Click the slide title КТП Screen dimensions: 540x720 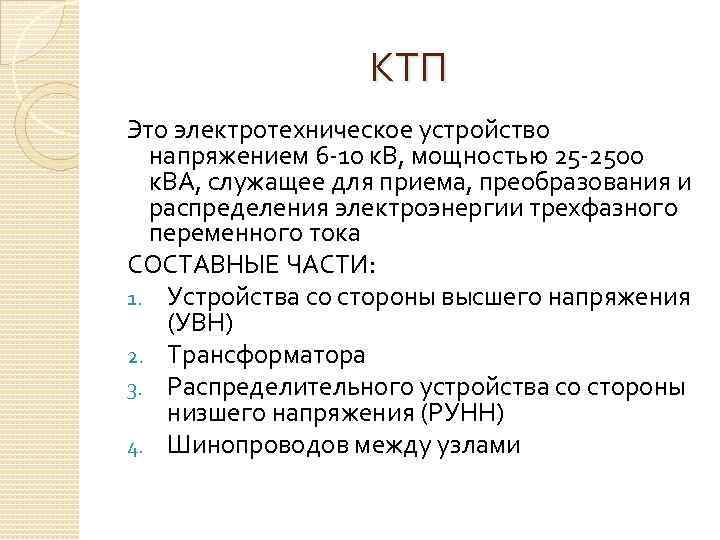(408, 69)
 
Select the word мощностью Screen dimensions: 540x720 (466, 157)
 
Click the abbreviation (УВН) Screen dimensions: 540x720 (201, 324)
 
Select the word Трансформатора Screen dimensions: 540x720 (267, 355)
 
